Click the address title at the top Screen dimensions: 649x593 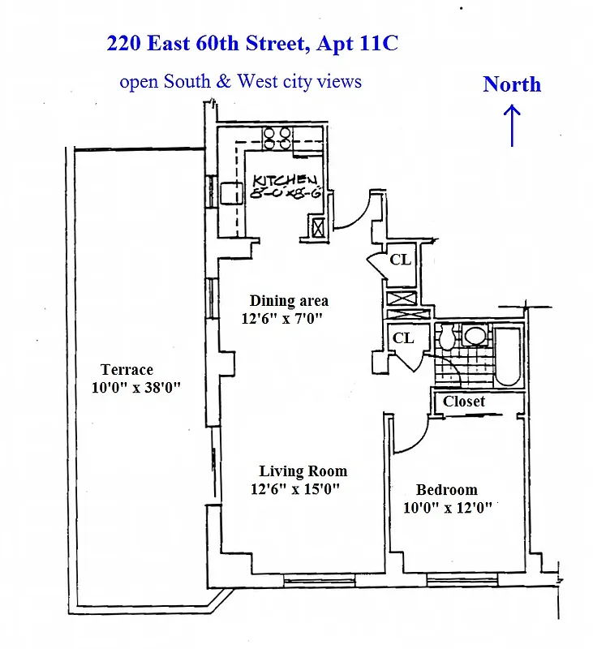click(252, 44)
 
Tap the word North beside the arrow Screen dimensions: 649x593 click(512, 84)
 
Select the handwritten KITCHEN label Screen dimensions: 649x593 click(283, 180)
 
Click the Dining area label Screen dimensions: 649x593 click(289, 301)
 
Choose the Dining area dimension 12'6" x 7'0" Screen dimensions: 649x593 click(282, 319)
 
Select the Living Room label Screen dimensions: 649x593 click(303, 471)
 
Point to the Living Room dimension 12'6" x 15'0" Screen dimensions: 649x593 click(294, 489)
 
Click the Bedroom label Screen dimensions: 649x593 click(446, 490)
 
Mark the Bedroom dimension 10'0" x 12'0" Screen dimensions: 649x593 click(447, 509)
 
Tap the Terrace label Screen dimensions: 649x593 click(127, 370)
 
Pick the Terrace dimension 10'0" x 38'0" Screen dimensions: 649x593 click(135, 388)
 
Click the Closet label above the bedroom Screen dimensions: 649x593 click(464, 402)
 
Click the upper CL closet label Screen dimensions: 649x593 click(400, 260)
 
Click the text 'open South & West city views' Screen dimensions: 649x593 click(240, 81)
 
